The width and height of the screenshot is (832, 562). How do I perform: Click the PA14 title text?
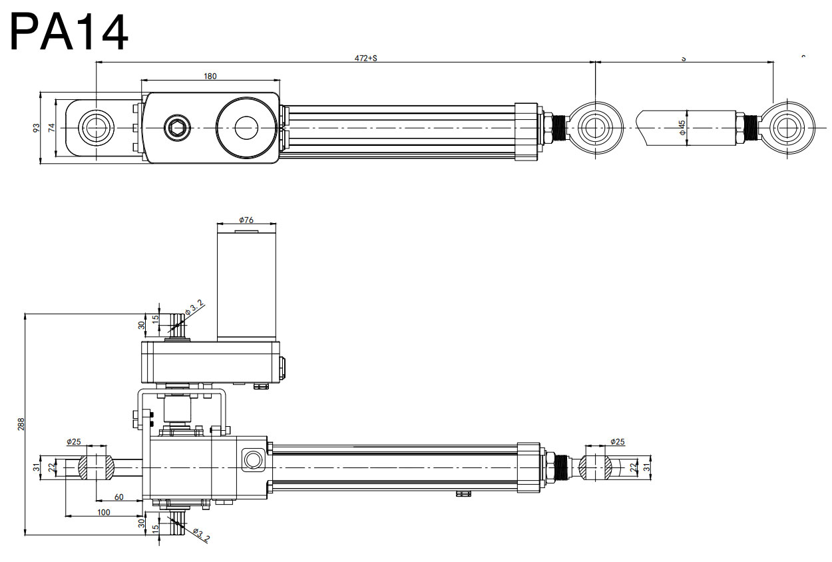click(69, 32)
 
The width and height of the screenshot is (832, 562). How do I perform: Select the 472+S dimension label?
click(365, 58)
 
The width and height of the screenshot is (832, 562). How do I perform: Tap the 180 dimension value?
click(210, 77)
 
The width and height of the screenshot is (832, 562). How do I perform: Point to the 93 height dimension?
click(37, 127)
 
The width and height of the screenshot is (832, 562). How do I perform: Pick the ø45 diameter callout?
click(682, 127)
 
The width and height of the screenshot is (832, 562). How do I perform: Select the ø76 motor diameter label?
click(246, 220)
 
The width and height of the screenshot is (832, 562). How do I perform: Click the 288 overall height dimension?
click(21, 423)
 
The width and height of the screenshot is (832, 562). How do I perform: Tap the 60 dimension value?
click(119, 497)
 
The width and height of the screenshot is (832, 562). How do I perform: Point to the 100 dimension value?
click(104, 512)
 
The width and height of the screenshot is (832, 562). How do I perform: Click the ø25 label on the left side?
click(74, 441)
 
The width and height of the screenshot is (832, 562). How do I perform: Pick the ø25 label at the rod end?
click(618, 441)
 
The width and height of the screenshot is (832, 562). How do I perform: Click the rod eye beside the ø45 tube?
click(789, 127)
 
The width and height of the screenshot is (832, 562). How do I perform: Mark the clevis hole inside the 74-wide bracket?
click(93, 127)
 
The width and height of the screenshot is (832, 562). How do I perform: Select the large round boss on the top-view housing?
click(246, 127)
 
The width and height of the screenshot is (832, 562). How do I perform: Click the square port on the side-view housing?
click(253, 459)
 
